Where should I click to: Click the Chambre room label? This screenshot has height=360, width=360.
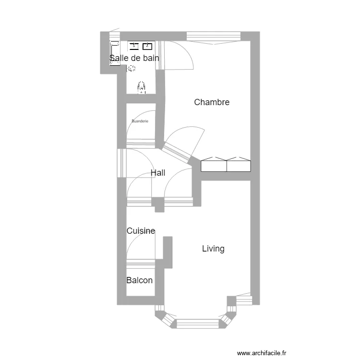tap(212, 102)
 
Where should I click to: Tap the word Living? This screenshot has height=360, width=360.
tap(213, 249)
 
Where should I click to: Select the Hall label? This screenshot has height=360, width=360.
tap(158, 173)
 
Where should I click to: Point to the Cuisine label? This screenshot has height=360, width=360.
tap(141, 231)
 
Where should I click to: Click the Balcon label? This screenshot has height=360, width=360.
tap(139, 280)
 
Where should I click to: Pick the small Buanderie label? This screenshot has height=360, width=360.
tap(140, 121)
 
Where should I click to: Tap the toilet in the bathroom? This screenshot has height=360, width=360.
tap(142, 87)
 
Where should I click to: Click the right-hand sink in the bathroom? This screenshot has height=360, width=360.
tap(147, 46)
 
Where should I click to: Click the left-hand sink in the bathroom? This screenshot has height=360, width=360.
tap(134, 46)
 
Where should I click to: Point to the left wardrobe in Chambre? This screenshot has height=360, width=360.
tap(214, 165)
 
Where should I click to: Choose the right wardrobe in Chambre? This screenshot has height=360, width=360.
tap(238, 165)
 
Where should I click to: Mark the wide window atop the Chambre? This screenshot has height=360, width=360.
tap(213, 36)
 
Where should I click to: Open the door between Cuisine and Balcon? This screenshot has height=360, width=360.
tap(141, 262)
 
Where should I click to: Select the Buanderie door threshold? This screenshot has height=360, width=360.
tap(141, 142)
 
